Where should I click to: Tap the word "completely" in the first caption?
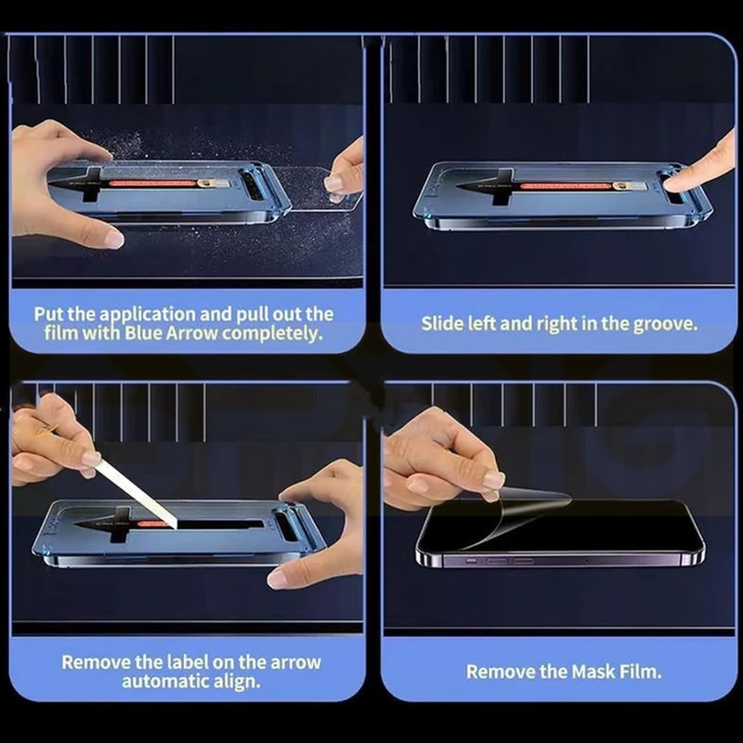272,334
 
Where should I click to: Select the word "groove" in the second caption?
665,324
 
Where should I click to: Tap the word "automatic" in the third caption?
164,682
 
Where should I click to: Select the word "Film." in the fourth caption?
641,671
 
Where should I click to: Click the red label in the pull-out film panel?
152,183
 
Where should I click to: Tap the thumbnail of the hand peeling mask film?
494,480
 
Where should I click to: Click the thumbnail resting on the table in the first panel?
112,239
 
